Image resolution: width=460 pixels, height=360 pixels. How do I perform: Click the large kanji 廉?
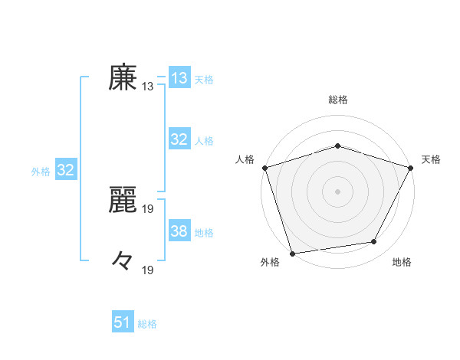[x=123, y=78]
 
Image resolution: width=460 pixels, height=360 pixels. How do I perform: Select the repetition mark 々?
[x=123, y=262]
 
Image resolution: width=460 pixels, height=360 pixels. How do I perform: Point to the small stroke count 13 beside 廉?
[x=148, y=87]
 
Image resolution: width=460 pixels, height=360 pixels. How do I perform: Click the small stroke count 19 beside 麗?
[x=148, y=208]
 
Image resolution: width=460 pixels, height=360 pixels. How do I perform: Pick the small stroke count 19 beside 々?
[x=148, y=270]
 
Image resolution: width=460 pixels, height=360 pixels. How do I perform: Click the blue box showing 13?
[x=179, y=78]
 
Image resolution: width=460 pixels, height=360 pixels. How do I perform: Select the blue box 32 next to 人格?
[x=179, y=139]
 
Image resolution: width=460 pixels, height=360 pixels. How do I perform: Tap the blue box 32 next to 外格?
[x=65, y=170]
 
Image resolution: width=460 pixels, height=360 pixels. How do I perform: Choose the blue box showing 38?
[x=179, y=231]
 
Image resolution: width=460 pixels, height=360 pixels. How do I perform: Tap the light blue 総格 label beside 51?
[x=147, y=324]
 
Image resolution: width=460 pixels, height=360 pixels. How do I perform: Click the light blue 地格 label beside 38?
[x=204, y=232]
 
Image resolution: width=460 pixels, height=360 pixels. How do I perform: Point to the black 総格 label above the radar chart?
[x=337, y=100]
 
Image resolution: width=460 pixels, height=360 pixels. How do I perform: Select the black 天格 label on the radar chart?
[x=431, y=159]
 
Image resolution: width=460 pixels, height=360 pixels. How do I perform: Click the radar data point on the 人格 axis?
[x=264, y=167]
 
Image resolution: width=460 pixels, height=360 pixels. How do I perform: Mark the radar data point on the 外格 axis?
[x=293, y=252]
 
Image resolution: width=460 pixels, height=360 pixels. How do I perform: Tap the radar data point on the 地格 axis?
[x=374, y=242]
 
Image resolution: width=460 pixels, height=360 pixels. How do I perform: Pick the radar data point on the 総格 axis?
[x=337, y=146]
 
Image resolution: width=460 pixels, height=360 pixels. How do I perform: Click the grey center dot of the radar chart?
[x=337, y=191]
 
